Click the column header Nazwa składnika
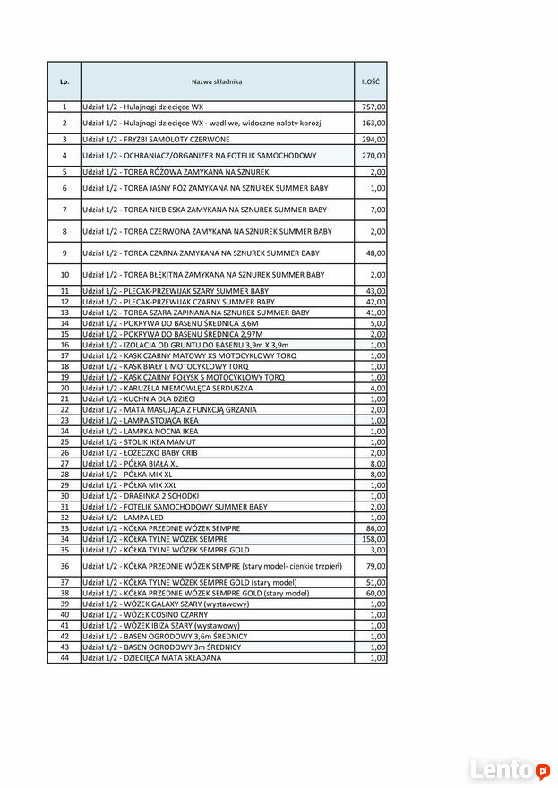(216, 81)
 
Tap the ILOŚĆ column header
(370, 81)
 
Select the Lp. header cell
(64, 81)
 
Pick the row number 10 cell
(64, 275)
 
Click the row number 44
(64, 657)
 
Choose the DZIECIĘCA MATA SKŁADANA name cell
(151, 657)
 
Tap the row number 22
(64, 409)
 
